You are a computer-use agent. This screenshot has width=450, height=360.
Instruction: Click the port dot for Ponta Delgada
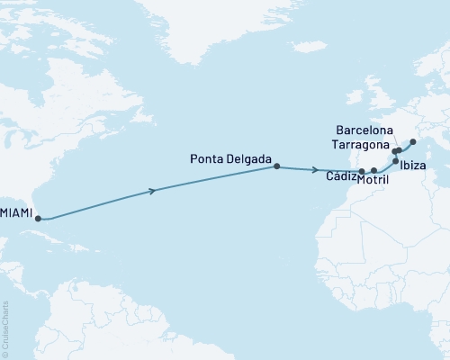pyautogui.click(x=276, y=166)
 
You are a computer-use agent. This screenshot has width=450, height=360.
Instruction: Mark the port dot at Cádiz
pyautogui.click(x=362, y=171)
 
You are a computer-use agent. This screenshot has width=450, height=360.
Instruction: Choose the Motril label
pyautogui.click(x=373, y=180)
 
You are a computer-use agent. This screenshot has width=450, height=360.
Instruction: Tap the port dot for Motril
pyautogui.click(x=374, y=170)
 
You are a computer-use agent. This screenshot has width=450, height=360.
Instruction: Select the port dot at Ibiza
pyautogui.click(x=396, y=161)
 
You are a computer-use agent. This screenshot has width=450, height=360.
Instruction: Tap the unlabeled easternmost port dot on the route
pyautogui.click(x=413, y=141)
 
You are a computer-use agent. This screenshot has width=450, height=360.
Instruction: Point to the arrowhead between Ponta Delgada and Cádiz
pyautogui.click(x=315, y=169)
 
